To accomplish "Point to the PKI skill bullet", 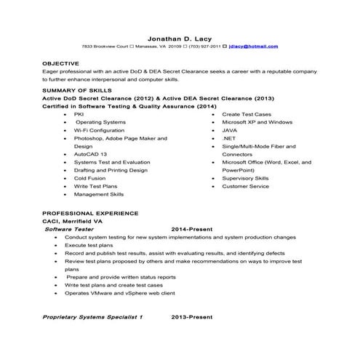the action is click(79, 113).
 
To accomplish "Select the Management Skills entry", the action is click(99, 194).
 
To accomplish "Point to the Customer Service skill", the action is click(245, 186).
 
